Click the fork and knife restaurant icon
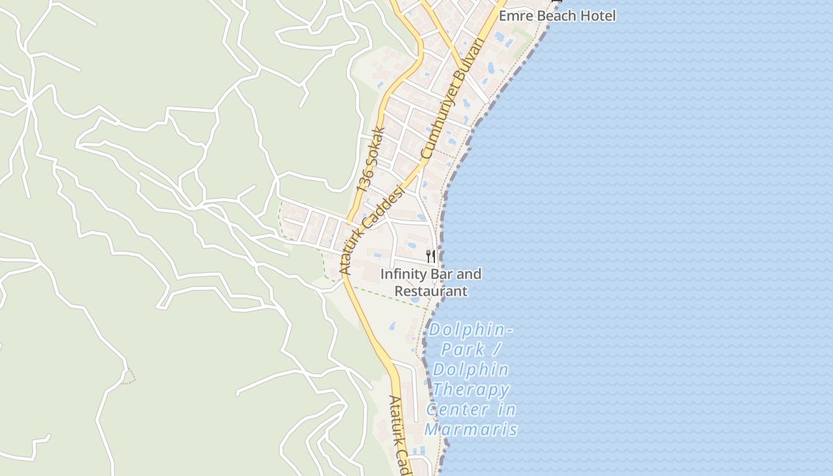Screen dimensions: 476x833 click(431, 256)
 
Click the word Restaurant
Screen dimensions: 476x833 click(431, 291)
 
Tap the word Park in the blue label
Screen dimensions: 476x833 click(463, 349)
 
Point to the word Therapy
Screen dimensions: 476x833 click(471, 390)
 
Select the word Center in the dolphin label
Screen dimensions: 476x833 click(458, 410)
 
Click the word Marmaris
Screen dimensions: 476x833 click(471, 430)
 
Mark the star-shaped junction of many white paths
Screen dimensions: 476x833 click(30, 98)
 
